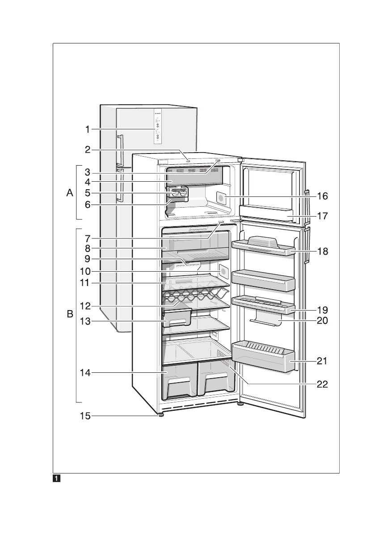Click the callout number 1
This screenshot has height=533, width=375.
88,130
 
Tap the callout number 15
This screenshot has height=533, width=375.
85,416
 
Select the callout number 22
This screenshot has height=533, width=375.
322,384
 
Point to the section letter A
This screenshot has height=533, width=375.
69,193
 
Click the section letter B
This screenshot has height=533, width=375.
69,315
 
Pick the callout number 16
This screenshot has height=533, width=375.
322,196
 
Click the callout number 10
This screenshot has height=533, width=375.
85,271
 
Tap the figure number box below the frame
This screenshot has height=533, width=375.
57,478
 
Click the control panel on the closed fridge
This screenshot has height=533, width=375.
158,127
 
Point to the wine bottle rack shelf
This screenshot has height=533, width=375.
194,295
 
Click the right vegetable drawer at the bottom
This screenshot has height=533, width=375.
216,380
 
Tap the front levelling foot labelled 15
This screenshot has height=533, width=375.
160,415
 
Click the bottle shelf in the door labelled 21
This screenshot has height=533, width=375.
264,358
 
